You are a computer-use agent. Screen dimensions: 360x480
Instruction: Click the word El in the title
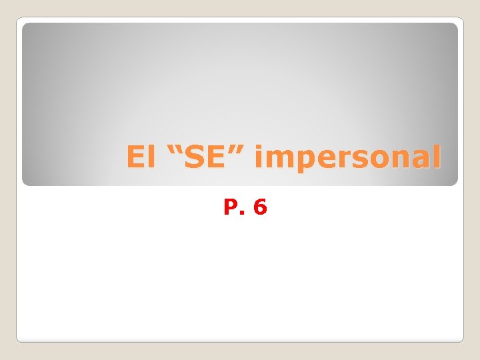point(139,158)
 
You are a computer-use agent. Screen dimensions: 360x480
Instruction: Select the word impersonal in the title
point(348,159)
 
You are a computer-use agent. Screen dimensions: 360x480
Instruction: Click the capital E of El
point(135,158)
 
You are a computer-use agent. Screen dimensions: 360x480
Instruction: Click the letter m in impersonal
point(277,160)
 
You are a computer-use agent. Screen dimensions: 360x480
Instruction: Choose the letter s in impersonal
point(357,160)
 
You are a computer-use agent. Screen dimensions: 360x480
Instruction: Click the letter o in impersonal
point(377,160)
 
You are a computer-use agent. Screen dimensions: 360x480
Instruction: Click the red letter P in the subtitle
point(231,207)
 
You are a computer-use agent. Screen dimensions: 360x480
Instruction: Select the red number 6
point(260,207)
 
